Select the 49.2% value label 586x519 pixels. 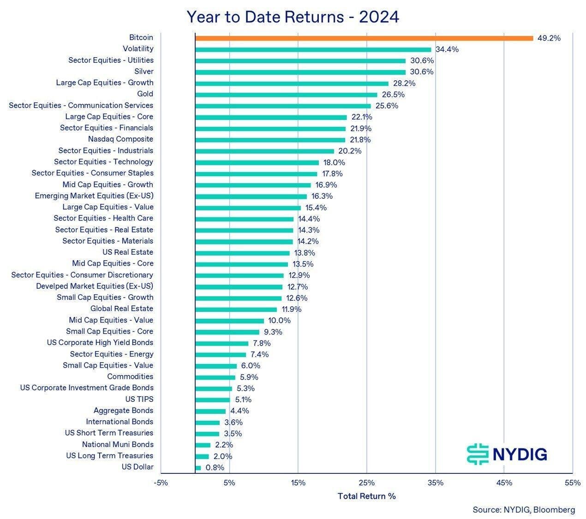pos(549,38)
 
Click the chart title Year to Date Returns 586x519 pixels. pos(293,17)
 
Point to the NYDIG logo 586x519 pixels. pos(506,454)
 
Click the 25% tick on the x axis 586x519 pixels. pos(367,483)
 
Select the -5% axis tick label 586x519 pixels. pos(161,483)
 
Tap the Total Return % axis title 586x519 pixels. pos(366,496)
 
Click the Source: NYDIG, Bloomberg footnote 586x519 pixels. pos(523,510)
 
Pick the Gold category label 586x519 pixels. pos(145,94)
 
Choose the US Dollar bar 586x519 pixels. pos(198,468)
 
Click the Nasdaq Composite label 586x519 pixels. pos(120,139)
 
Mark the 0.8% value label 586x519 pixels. pos(215,468)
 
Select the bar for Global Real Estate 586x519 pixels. pos(236,310)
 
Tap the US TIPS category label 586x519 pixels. pos(139,399)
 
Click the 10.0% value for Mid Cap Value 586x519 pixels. pos(279,321)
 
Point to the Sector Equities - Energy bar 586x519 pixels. pos(221,355)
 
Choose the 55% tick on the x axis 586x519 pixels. pos(572,483)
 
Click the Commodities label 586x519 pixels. pos(130,376)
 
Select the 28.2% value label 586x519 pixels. pos(404,84)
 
